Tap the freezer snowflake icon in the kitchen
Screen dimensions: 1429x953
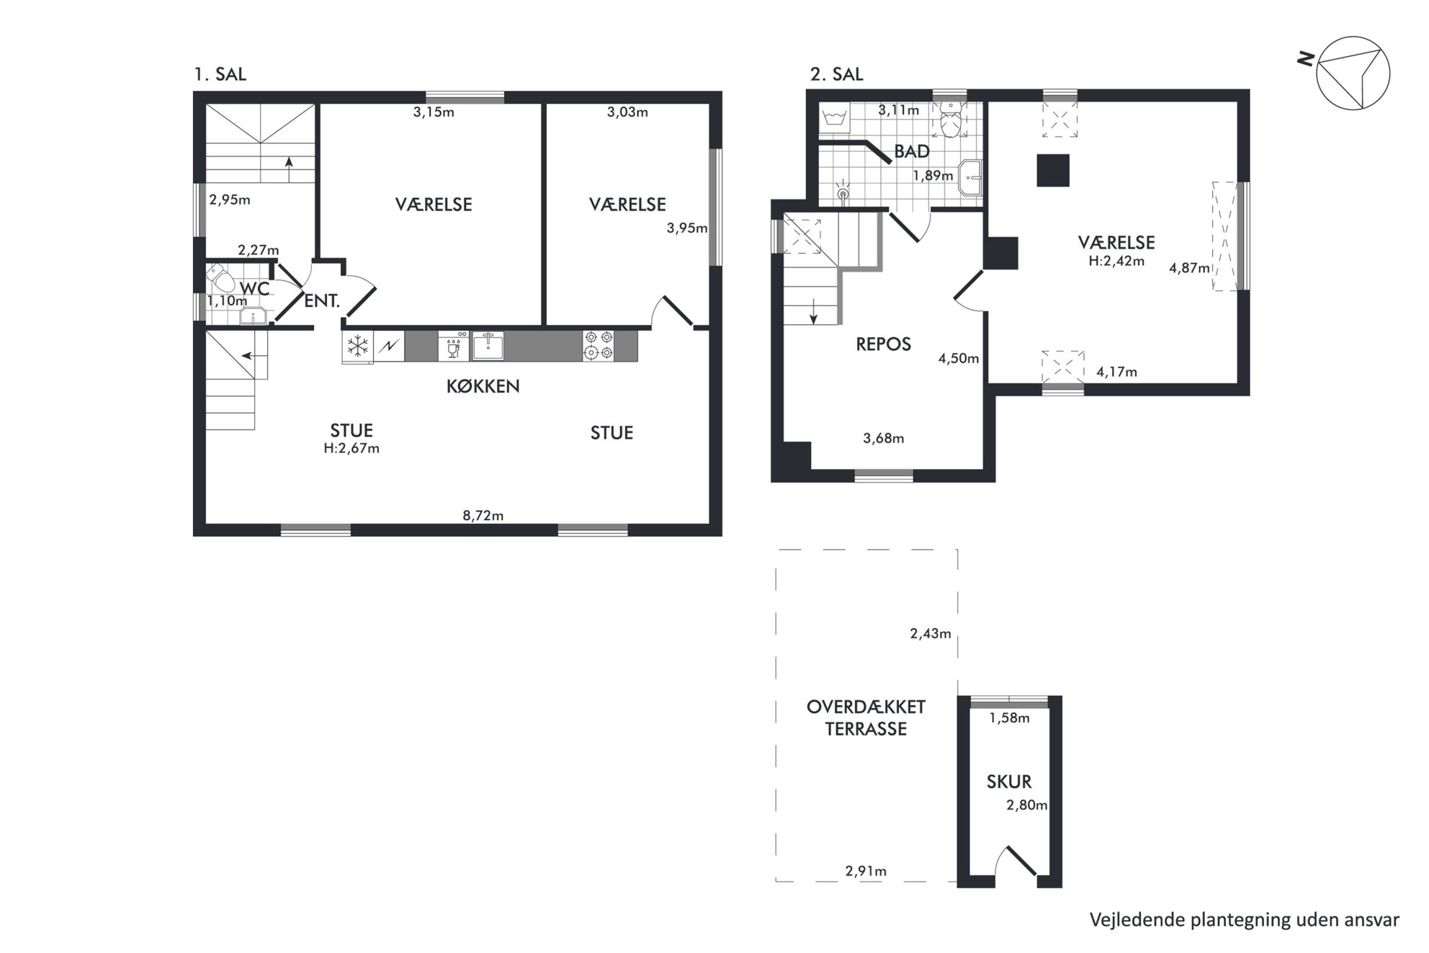[358, 346]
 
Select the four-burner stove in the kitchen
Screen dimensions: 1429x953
[599, 345]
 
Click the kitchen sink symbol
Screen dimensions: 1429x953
[488, 345]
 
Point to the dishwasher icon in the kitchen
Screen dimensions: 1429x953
[454, 346]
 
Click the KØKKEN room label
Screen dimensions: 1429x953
[483, 386]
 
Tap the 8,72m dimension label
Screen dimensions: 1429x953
[483, 515]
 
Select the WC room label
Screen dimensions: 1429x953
[254, 289]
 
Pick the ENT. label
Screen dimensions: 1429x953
[322, 301]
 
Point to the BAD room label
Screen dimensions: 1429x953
[911, 151]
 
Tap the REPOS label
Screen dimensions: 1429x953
[883, 344]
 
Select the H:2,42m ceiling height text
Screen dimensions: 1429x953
[1116, 261]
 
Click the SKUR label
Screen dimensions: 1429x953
[1009, 782]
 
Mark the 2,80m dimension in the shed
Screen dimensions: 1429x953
[1026, 805]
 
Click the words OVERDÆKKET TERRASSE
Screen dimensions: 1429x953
[866, 717]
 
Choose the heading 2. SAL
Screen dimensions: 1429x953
[836, 74]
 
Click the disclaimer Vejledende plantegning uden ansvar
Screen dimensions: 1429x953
[1245, 920]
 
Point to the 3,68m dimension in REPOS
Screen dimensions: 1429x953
[883, 438]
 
